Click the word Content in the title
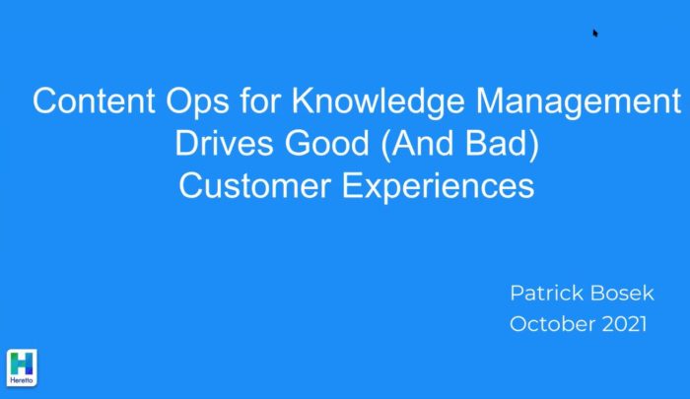94,100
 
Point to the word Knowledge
378,102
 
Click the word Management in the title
579,102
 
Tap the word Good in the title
327,143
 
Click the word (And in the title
416,144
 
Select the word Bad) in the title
502,144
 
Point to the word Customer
254,185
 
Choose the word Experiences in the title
438,187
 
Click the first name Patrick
545,293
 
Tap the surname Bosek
622,293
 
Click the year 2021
624,324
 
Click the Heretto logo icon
22,367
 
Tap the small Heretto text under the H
22,380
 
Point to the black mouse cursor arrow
595,33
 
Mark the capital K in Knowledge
303,100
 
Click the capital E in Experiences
353,185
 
